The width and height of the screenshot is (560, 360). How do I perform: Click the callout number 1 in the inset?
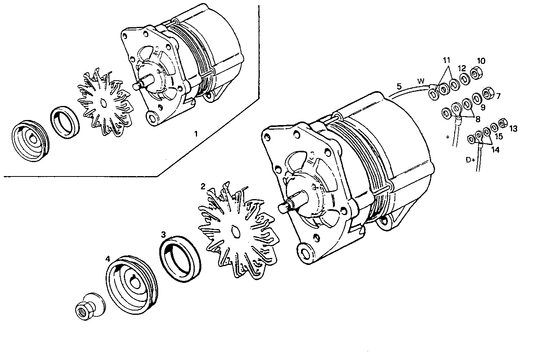pyautogui.click(x=196, y=134)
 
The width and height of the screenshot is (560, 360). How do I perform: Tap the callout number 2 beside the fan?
pyautogui.click(x=203, y=186)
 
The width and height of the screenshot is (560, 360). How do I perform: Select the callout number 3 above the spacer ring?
pyautogui.click(x=164, y=234)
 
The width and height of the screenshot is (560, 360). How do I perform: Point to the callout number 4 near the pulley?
pyautogui.click(x=108, y=258)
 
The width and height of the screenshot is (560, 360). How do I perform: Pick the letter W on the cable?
pyautogui.click(x=421, y=81)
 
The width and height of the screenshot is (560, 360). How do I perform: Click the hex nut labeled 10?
pyautogui.click(x=475, y=73)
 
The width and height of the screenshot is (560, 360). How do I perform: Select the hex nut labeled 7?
pyautogui.click(x=486, y=94)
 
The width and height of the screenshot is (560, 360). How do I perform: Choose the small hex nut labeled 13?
pyautogui.click(x=502, y=122)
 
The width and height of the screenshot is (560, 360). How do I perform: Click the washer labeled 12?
pyautogui.click(x=464, y=79)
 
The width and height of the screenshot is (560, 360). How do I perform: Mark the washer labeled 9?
pyautogui.click(x=475, y=97)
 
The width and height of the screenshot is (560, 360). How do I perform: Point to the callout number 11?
pyautogui.click(x=446, y=60)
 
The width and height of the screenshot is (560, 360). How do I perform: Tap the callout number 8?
pyautogui.click(x=477, y=119)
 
